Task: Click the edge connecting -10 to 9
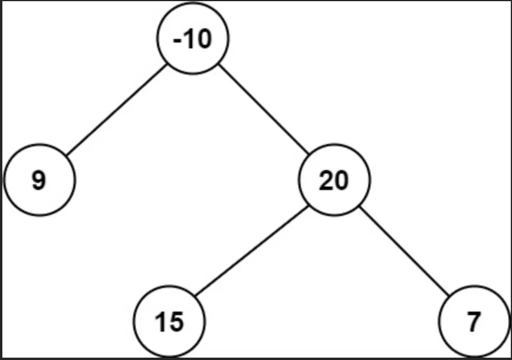117,110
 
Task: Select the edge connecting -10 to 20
264,109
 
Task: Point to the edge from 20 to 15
251,251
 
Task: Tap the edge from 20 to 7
404,251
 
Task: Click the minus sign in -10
178,41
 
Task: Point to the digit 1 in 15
161,322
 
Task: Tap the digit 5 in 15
176,322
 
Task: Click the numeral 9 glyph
39,180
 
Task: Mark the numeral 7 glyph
474,322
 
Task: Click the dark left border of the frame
1,180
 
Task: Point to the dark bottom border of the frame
256,359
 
